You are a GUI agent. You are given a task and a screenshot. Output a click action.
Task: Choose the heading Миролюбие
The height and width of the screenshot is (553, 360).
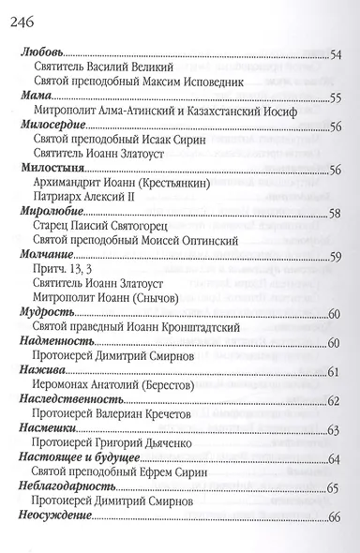coord(50,212)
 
